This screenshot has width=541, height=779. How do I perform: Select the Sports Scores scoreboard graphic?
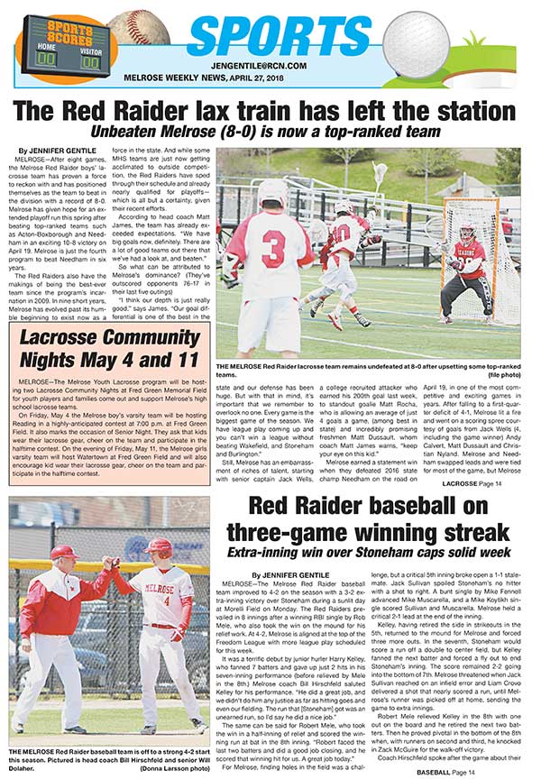point(58,42)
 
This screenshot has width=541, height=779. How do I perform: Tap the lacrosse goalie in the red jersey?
point(471,275)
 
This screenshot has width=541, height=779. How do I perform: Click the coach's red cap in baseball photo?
point(63,552)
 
